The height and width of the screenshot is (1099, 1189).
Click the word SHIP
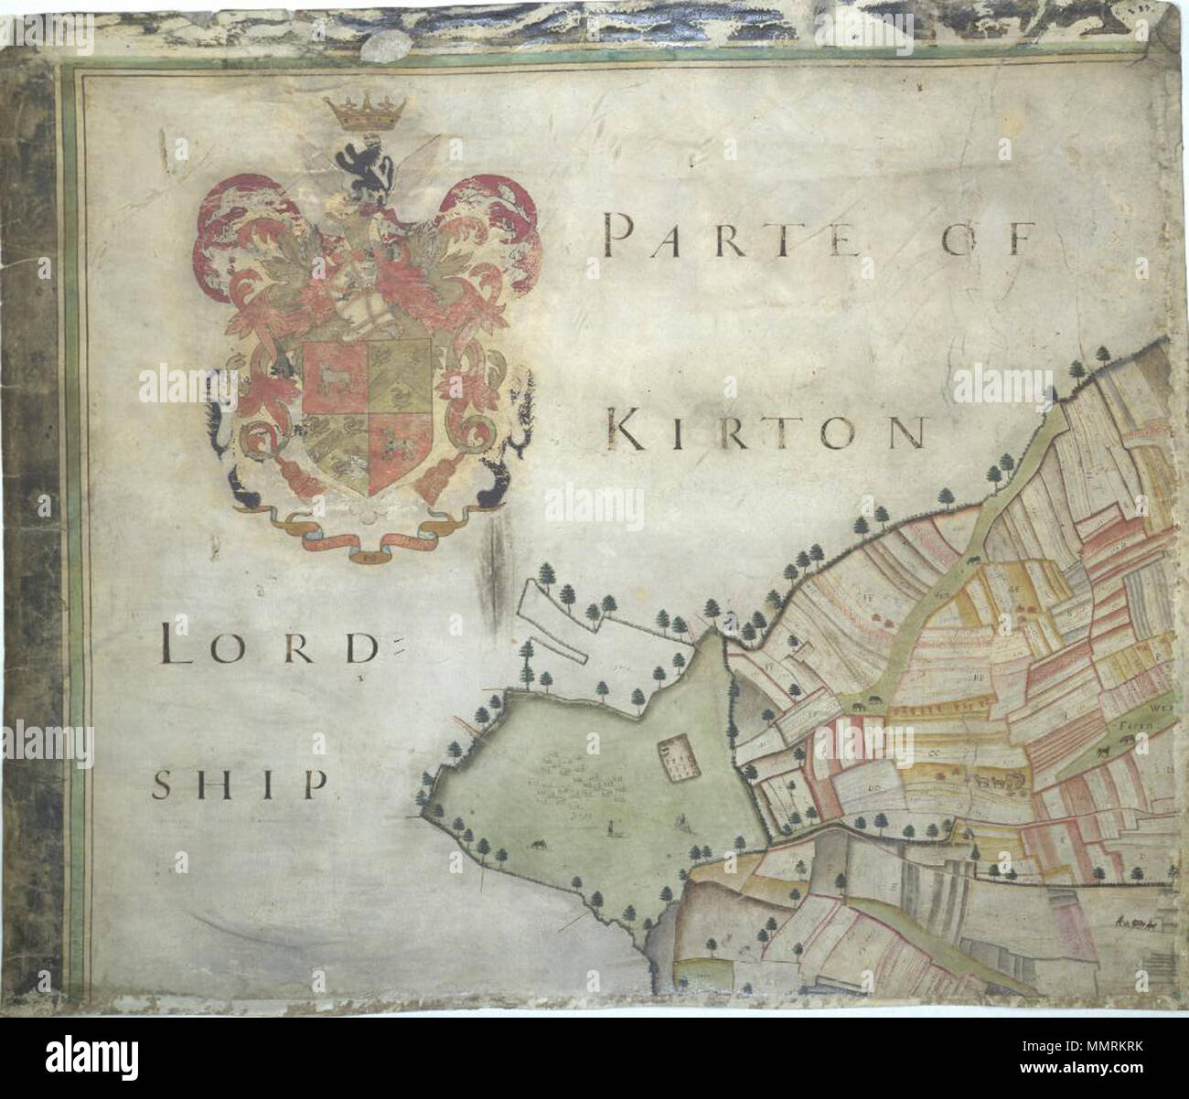[x=240, y=784]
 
